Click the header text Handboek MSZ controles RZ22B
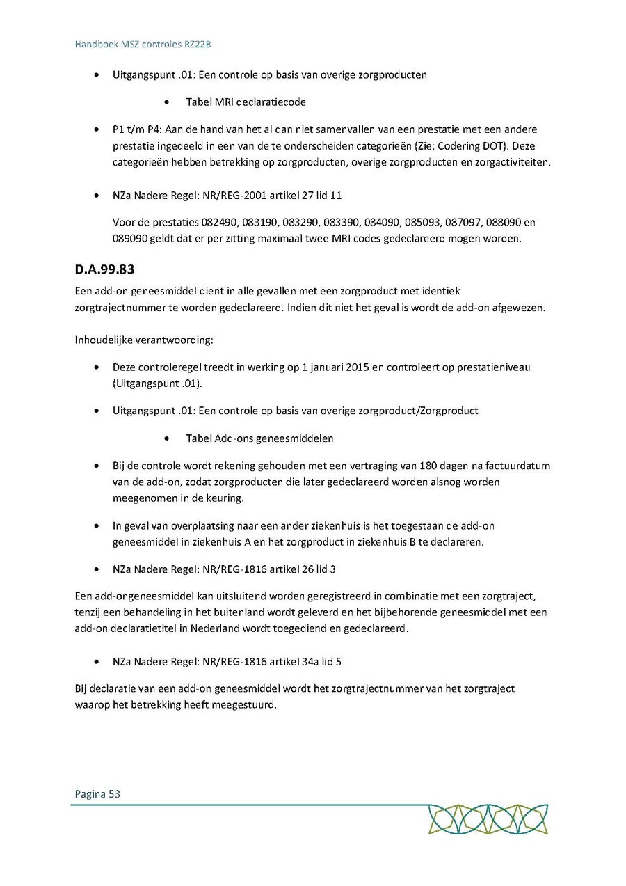(x=143, y=45)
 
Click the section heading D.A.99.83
(x=104, y=269)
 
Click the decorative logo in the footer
(x=488, y=819)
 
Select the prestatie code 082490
(x=218, y=223)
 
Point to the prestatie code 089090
(x=129, y=239)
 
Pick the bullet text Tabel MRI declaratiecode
(x=246, y=102)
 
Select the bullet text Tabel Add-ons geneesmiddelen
(x=259, y=438)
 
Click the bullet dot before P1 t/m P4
(x=96, y=130)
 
